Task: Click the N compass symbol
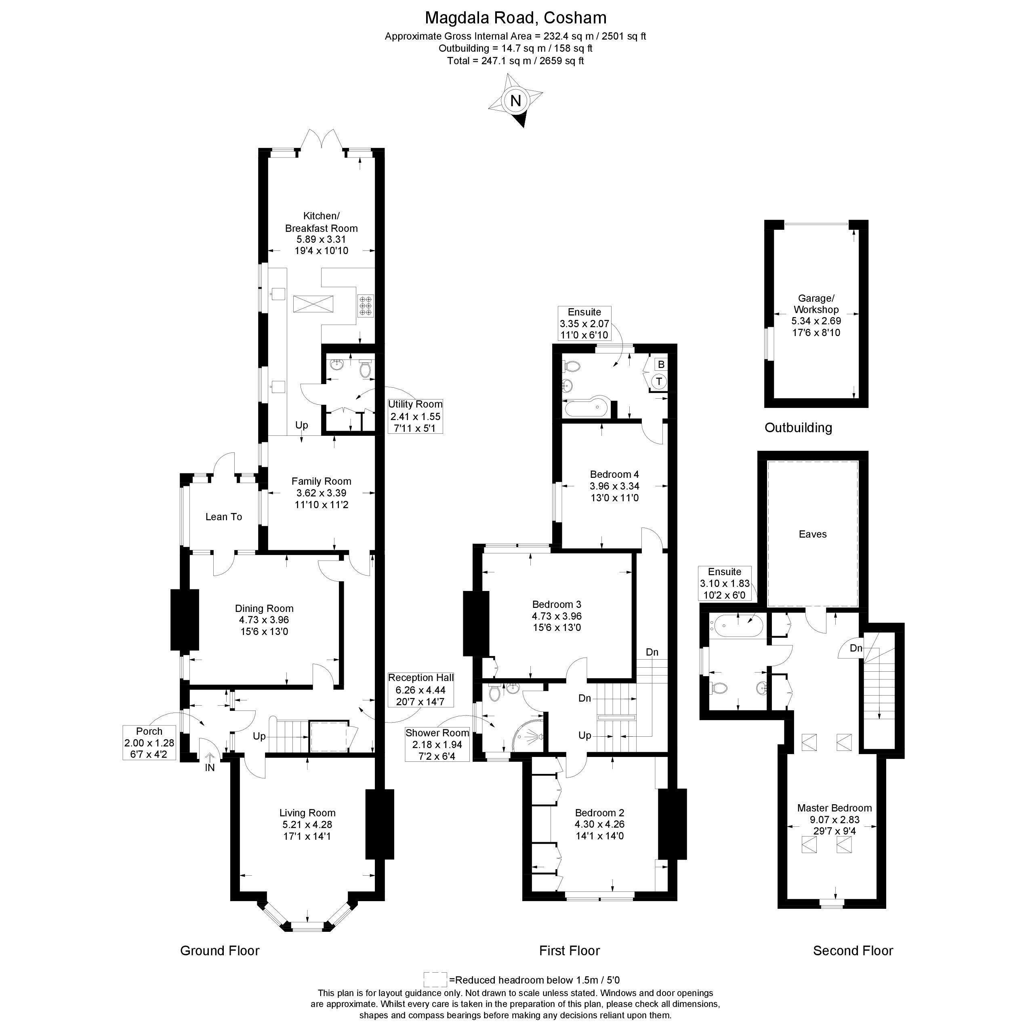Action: click(x=515, y=101)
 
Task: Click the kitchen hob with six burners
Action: click(x=366, y=306)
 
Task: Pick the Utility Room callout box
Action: click(x=415, y=416)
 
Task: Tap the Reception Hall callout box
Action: click(x=421, y=689)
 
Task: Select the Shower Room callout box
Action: click(x=437, y=745)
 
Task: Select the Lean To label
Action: click(x=224, y=517)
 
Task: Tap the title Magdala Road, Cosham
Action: click(x=515, y=18)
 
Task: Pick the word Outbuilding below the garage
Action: click(x=798, y=428)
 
